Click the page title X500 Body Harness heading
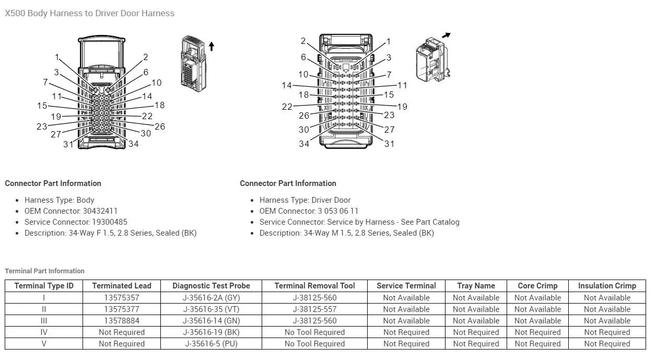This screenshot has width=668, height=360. pyautogui.click(x=89, y=13)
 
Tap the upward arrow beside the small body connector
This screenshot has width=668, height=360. pyautogui.click(x=212, y=46)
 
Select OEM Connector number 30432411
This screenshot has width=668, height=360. pyautogui.click(x=100, y=211)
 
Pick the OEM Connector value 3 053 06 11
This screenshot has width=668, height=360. pyautogui.click(x=338, y=211)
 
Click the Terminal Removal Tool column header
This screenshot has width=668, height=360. pyautogui.click(x=314, y=286)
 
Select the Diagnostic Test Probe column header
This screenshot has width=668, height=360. pyautogui.click(x=211, y=286)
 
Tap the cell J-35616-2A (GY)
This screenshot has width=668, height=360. pyautogui.click(x=211, y=298)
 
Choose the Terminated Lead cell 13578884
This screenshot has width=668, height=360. pyautogui.click(x=122, y=321)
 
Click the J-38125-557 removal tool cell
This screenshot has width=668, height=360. pyautogui.click(x=314, y=309)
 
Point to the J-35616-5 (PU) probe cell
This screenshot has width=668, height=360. pyautogui.click(x=211, y=344)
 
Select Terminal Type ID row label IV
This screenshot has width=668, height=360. pyautogui.click(x=44, y=332)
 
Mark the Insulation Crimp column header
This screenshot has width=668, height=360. pyautogui.click(x=607, y=286)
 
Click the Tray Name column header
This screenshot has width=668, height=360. pyautogui.click(x=476, y=286)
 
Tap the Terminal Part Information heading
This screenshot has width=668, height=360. pyautogui.click(x=44, y=271)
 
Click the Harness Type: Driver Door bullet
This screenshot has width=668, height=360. pyautogui.click(x=305, y=200)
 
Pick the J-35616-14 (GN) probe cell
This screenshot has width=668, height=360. pyautogui.click(x=211, y=321)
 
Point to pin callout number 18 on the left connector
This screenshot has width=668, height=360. pyautogui.click(x=159, y=105)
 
